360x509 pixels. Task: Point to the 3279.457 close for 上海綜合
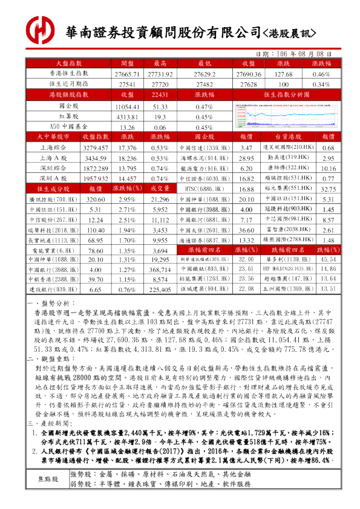click(95, 148)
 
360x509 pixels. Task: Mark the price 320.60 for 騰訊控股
click(95, 199)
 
